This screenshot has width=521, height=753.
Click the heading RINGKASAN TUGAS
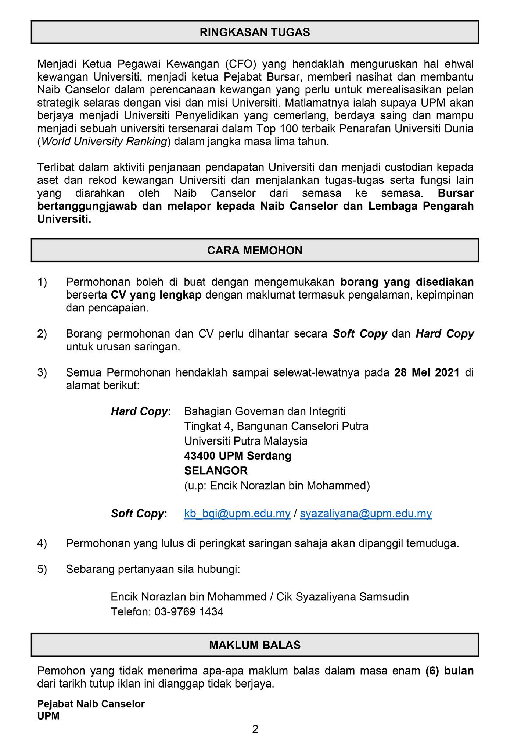tap(255, 32)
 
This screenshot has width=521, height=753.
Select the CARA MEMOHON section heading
tap(255, 250)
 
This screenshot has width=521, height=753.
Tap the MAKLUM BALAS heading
tap(255, 645)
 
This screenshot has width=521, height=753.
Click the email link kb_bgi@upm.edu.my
tap(237, 513)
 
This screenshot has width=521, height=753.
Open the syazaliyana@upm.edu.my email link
tap(366, 513)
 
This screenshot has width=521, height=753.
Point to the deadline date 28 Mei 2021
tap(427, 372)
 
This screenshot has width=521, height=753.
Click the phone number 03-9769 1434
tap(189, 612)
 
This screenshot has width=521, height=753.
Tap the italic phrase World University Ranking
tap(104, 142)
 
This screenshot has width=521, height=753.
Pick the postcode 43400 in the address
tap(200, 456)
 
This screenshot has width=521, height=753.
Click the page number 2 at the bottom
tap(255, 729)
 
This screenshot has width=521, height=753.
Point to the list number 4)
tap(42, 543)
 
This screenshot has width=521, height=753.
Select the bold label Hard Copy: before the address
tap(141, 411)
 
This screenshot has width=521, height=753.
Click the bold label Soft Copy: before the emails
tap(139, 513)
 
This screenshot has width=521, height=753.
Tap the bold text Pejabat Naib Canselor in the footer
tap(91, 704)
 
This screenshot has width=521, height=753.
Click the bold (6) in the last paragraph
tap(432, 671)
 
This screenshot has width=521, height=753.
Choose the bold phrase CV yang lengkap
tap(156, 295)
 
